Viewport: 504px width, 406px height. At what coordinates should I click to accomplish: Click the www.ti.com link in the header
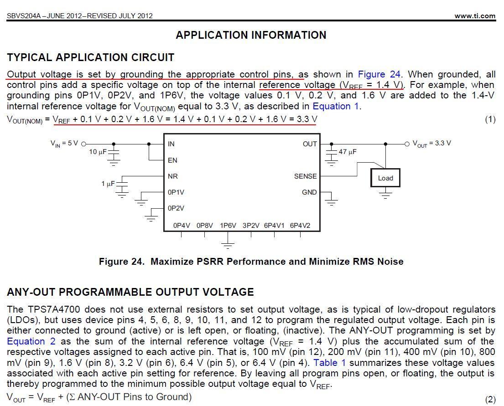click(474, 15)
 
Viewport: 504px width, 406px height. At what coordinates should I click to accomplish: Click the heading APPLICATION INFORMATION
click(251, 35)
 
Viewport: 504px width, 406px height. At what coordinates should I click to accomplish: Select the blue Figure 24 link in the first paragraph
click(379, 74)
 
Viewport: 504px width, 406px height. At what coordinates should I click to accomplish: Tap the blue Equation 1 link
click(336, 106)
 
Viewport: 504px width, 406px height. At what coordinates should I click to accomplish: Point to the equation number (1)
click(490, 119)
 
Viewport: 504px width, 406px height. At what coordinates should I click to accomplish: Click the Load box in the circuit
click(385, 178)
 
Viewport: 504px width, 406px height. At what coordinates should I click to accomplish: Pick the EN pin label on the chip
click(172, 160)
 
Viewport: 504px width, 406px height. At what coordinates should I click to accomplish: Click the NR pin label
click(173, 176)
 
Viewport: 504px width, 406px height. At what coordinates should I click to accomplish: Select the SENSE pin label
click(305, 176)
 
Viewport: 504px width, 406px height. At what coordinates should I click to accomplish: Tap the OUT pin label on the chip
click(310, 144)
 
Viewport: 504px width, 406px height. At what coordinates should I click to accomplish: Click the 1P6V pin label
click(228, 225)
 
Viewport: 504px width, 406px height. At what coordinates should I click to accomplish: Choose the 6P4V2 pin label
click(300, 225)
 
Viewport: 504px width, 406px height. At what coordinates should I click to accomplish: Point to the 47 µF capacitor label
click(348, 152)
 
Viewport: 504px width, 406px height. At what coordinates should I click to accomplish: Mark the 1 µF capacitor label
click(108, 184)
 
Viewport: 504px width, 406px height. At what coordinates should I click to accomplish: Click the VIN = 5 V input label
click(64, 144)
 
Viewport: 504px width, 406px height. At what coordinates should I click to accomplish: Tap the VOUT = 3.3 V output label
click(431, 144)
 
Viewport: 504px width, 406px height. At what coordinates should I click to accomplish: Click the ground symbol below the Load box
click(386, 195)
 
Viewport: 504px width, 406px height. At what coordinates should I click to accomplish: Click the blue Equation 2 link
click(32, 341)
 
